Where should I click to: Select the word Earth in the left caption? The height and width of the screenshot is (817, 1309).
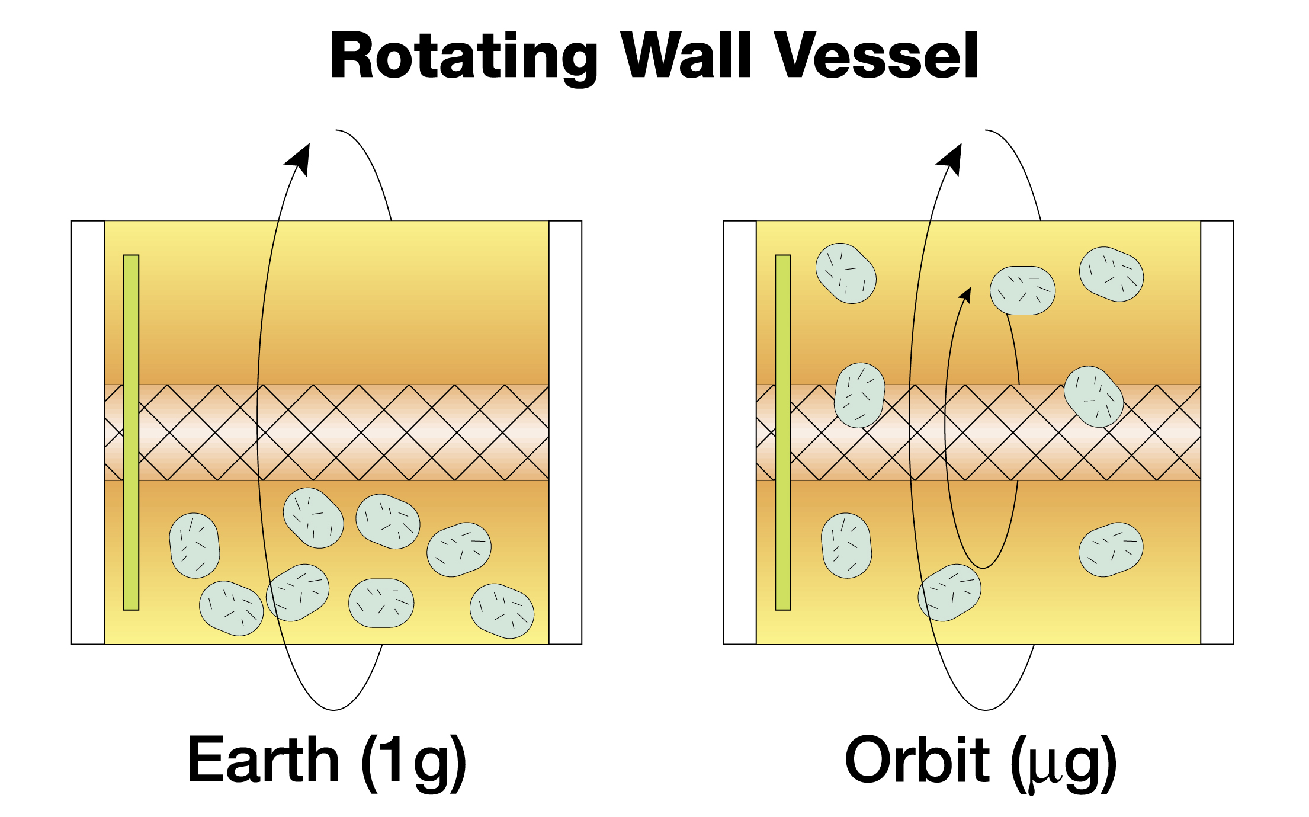tap(263, 760)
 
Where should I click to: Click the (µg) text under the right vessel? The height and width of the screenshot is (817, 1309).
tap(1063, 762)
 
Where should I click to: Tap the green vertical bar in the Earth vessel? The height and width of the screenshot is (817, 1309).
tap(131, 432)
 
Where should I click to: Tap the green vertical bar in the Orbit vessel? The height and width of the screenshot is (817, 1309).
tap(783, 432)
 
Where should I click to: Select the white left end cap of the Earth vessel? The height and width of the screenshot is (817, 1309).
tap(88, 432)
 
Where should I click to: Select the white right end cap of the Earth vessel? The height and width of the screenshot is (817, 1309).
tap(565, 432)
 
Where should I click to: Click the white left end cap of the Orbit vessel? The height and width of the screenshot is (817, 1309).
tap(740, 432)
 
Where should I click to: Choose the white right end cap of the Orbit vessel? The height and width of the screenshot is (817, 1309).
tap(1217, 432)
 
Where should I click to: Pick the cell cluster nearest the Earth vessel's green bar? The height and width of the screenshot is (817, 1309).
tap(194, 546)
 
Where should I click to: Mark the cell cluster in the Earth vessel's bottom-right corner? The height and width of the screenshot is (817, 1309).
tap(502, 611)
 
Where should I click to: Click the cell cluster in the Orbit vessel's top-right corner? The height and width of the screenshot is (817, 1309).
tap(1111, 274)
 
